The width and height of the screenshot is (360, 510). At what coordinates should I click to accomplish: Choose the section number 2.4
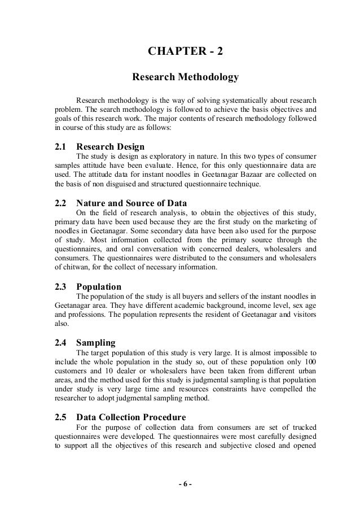[61, 342]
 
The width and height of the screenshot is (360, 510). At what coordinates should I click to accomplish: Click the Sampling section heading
[95, 342]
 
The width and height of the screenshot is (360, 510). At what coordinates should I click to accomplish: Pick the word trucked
[303, 428]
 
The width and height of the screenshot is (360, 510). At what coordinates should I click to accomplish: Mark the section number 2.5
[61, 418]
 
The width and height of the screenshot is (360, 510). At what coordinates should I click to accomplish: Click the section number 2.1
[61, 146]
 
